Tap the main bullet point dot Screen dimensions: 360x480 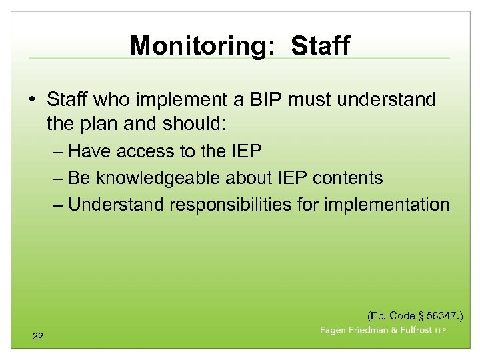[32, 100]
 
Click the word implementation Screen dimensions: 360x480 [387, 204]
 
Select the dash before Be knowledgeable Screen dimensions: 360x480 [58, 178]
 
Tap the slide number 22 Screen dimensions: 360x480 [37, 337]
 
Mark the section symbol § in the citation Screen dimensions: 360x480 [420, 315]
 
